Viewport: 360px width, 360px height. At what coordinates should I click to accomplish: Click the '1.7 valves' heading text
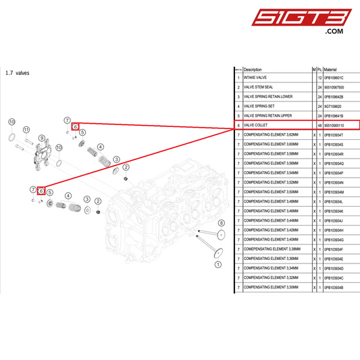(18, 73)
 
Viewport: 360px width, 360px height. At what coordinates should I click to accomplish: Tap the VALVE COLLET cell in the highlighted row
(257, 125)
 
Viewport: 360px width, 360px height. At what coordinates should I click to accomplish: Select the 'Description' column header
(253, 69)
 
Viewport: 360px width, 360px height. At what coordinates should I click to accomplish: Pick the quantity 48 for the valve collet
(319, 125)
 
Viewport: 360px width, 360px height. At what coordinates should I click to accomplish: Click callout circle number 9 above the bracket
(42, 138)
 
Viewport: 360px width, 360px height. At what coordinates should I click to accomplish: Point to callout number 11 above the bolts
(26, 130)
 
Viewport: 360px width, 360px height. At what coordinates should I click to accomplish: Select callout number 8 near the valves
(220, 222)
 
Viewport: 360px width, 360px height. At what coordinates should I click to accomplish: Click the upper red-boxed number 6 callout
(76, 126)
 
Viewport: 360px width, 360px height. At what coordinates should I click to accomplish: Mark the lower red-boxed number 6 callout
(41, 191)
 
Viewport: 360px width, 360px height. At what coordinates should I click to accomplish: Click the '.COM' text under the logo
(334, 31)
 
